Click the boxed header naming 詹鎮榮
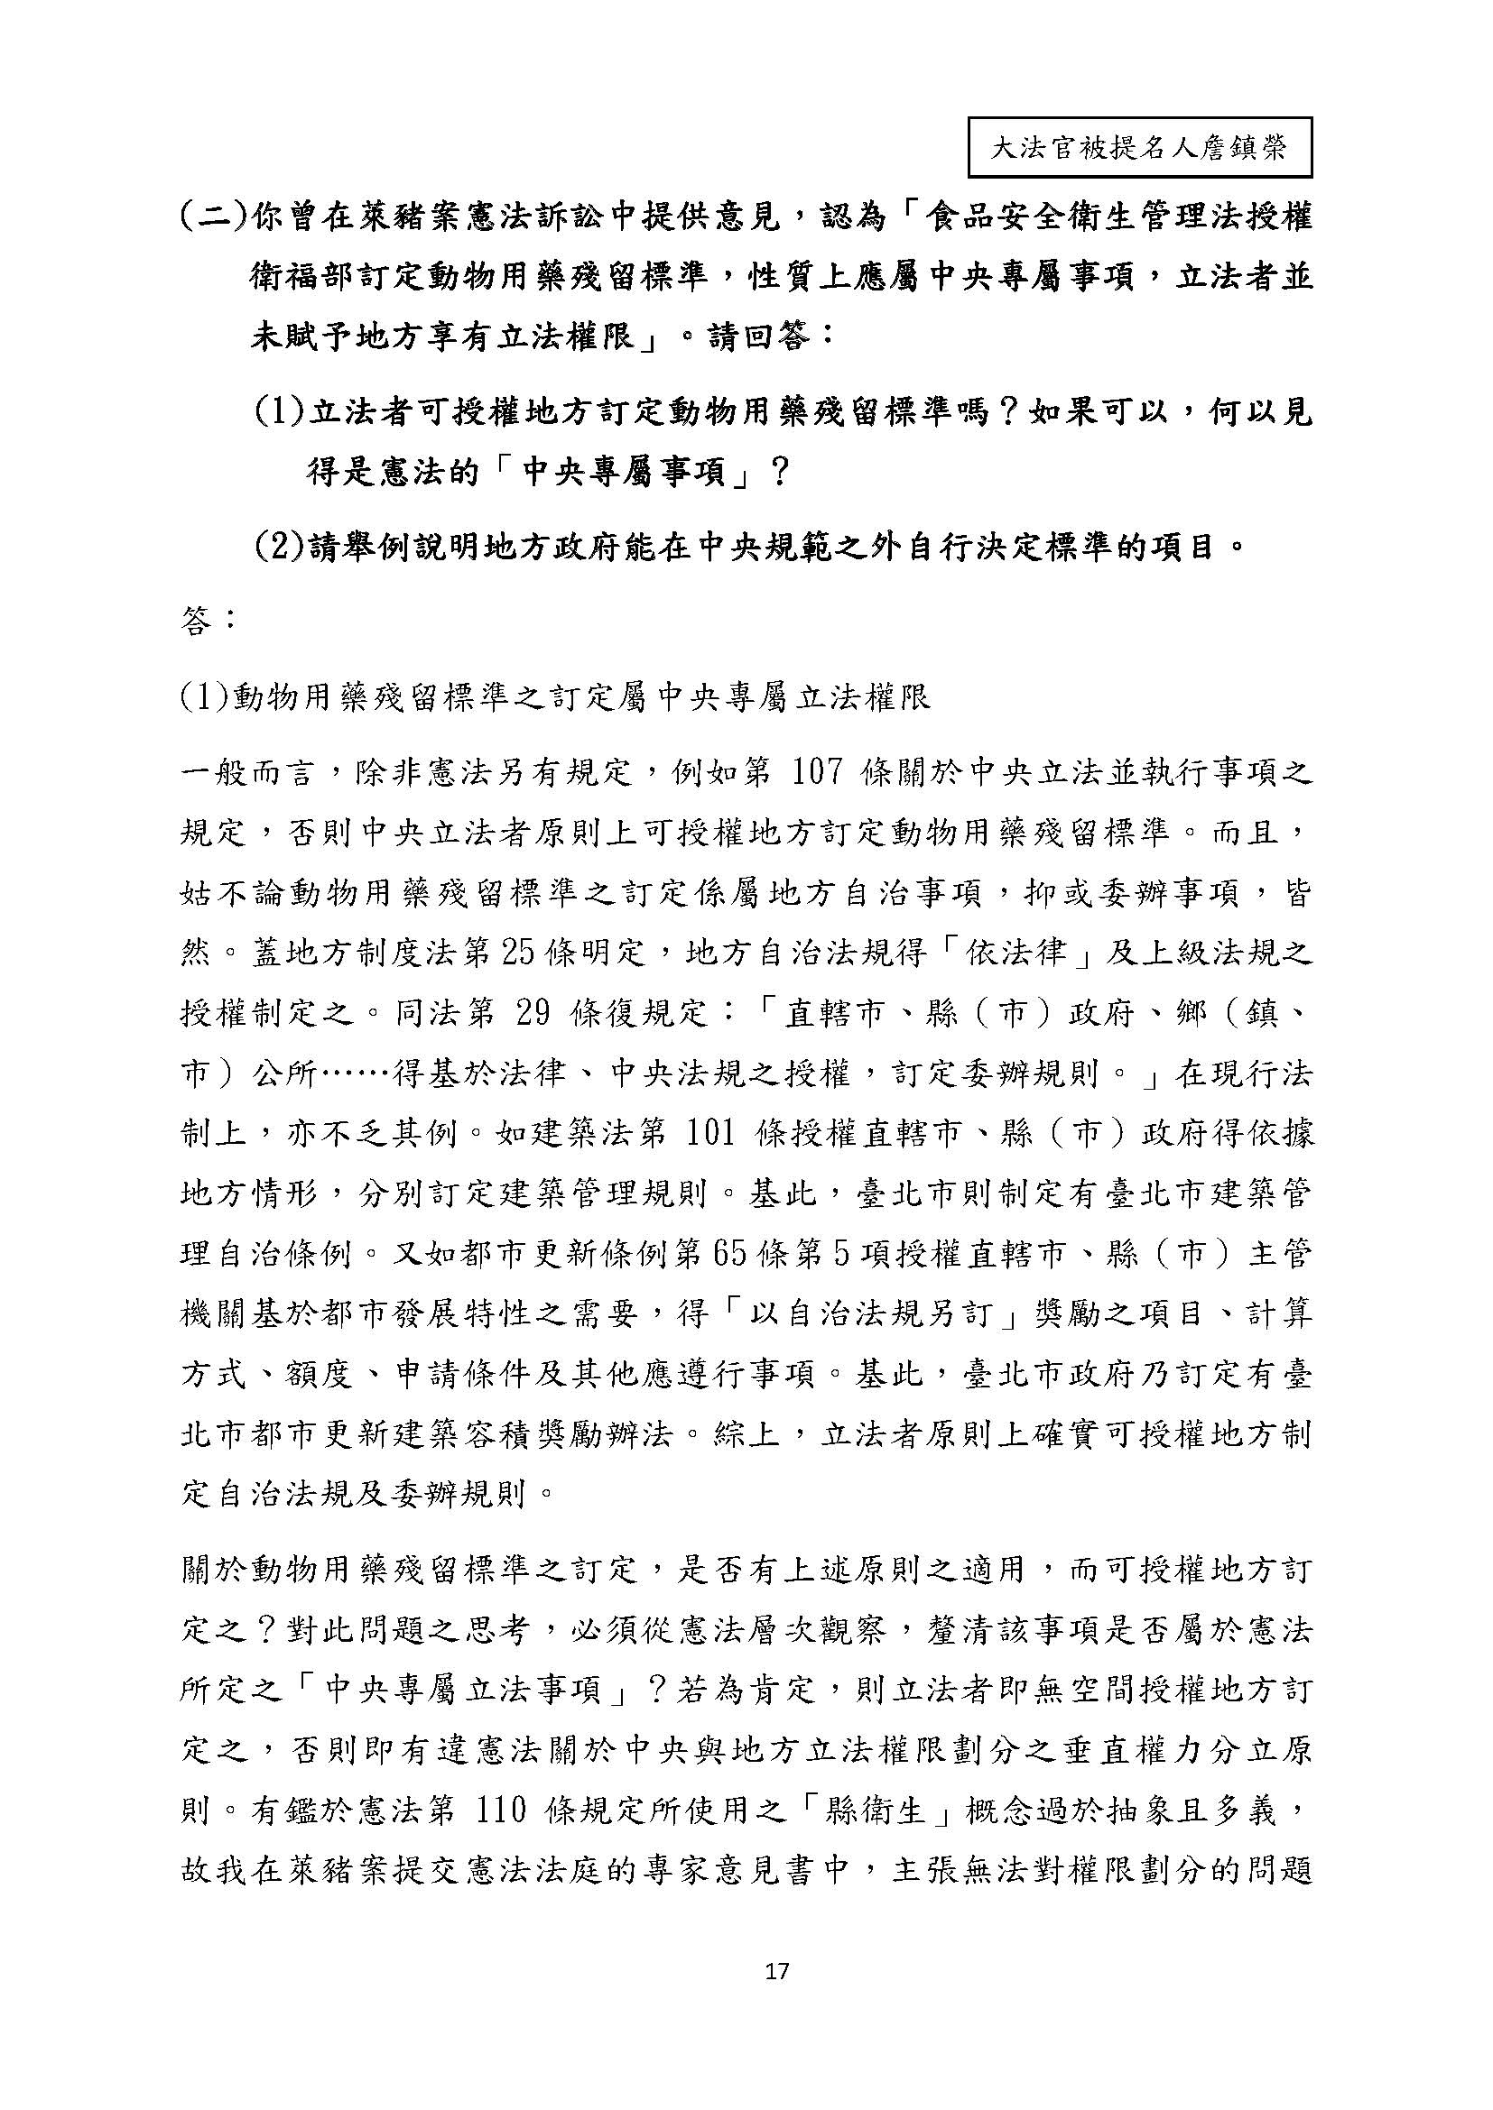coord(1139,147)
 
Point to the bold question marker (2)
coord(280,548)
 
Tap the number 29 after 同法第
coord(534,1013)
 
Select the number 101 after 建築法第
coord(709,1133)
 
